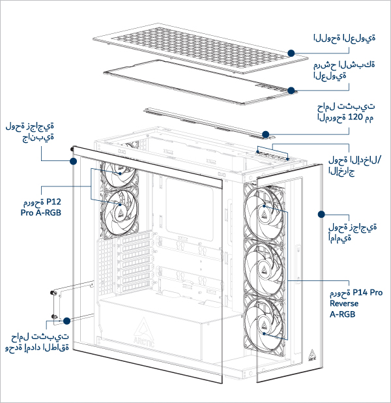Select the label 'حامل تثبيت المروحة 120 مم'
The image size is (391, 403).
click(344, 112)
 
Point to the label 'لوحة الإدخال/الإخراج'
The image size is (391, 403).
click(355, 166)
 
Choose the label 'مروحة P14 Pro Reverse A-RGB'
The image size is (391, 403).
click(354, 303)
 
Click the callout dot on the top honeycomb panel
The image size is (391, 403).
click(291, 52)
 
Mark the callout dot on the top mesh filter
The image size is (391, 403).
click(291, 91)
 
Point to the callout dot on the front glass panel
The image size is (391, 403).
click(321, 213)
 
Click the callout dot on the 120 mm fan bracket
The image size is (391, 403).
click(267, 135)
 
